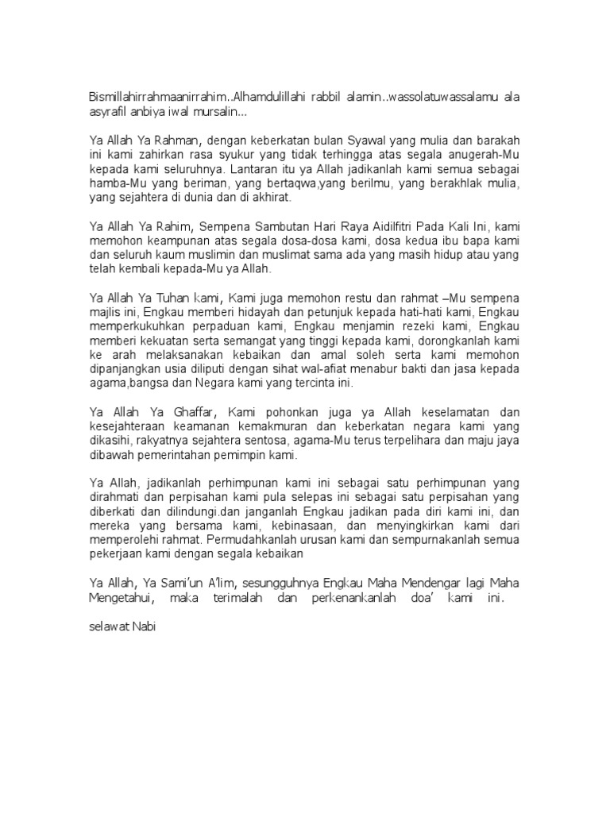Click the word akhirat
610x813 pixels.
tap(272, 197)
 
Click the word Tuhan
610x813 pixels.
tap(178, 298)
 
